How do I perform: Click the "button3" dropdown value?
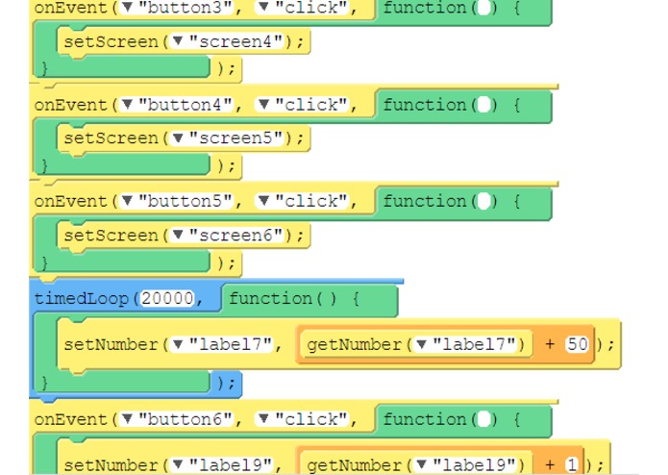(x=185, y=8)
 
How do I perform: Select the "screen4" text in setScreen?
(x=235, y=41)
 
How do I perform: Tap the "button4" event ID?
(x=185, y=105)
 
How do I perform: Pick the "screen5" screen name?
(x=235, y=137)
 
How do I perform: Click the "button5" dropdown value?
(x=185, y=201)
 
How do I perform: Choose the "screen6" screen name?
(x=235, y=235)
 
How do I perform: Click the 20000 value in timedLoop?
(x=167, y=298)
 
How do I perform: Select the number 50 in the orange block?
(x=577, y=344)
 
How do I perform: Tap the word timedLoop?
(x=81, y=299)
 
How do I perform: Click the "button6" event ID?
(x=185, y=419)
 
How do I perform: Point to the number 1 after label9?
(x=572, y=464)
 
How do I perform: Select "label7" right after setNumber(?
(x=231, y=344)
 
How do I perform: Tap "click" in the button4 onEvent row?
(x=311, y=105)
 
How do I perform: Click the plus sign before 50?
(x=550, y=344)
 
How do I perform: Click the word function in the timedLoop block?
(x=270, y=298)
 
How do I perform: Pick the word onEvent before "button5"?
(x=71, y=201)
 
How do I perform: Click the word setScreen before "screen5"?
(x=111, y=138)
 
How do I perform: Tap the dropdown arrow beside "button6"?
(x=127, y=418)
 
